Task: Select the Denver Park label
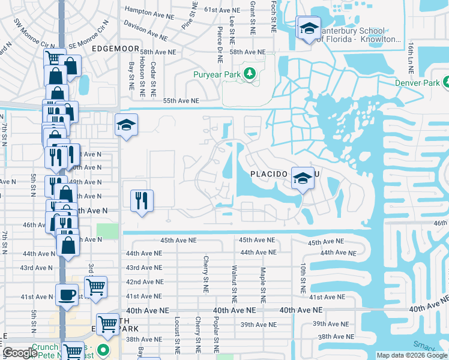tap(417, 83)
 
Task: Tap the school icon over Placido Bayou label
tap(303, 177)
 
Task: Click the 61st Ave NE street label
tap(222, 10)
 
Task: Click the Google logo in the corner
tap(20, 353)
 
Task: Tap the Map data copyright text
tap(412, 355)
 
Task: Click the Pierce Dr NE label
tap(221, 46)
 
